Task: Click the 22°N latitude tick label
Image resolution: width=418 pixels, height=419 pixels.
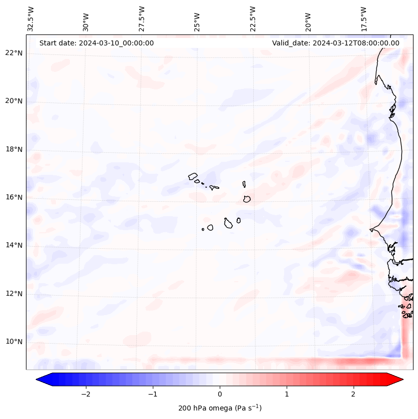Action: tap(14, 53)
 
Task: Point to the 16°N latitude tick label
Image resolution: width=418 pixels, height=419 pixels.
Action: tap(14, 197)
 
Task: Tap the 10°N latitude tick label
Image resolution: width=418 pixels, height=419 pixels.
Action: tap(14, 342)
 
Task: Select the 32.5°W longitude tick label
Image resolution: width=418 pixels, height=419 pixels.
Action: tap(31, 19)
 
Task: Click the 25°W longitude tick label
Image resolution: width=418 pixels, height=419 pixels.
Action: tap(197, 20)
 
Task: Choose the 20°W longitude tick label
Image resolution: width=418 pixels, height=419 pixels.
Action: tap(308, 20)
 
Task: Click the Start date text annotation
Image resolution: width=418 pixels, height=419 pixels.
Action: tap(96, 43)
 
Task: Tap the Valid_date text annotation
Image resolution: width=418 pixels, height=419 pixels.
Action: tap(336, 43)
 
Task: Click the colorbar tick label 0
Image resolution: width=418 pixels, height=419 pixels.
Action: tap(220, 394)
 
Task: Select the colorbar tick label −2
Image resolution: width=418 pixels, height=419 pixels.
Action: tap(85, 394)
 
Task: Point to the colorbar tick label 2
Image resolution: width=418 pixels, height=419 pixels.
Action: tap(354, 394)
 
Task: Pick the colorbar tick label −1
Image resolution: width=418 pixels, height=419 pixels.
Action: tap(152, 394)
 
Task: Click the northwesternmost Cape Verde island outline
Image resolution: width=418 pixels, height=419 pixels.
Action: tap(193, 176)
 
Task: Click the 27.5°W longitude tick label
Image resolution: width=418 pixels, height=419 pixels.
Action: tap(142, 19)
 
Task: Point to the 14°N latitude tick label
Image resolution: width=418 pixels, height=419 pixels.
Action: tap(14, 245)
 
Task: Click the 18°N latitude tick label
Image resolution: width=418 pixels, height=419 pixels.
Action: tap(14, 149)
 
